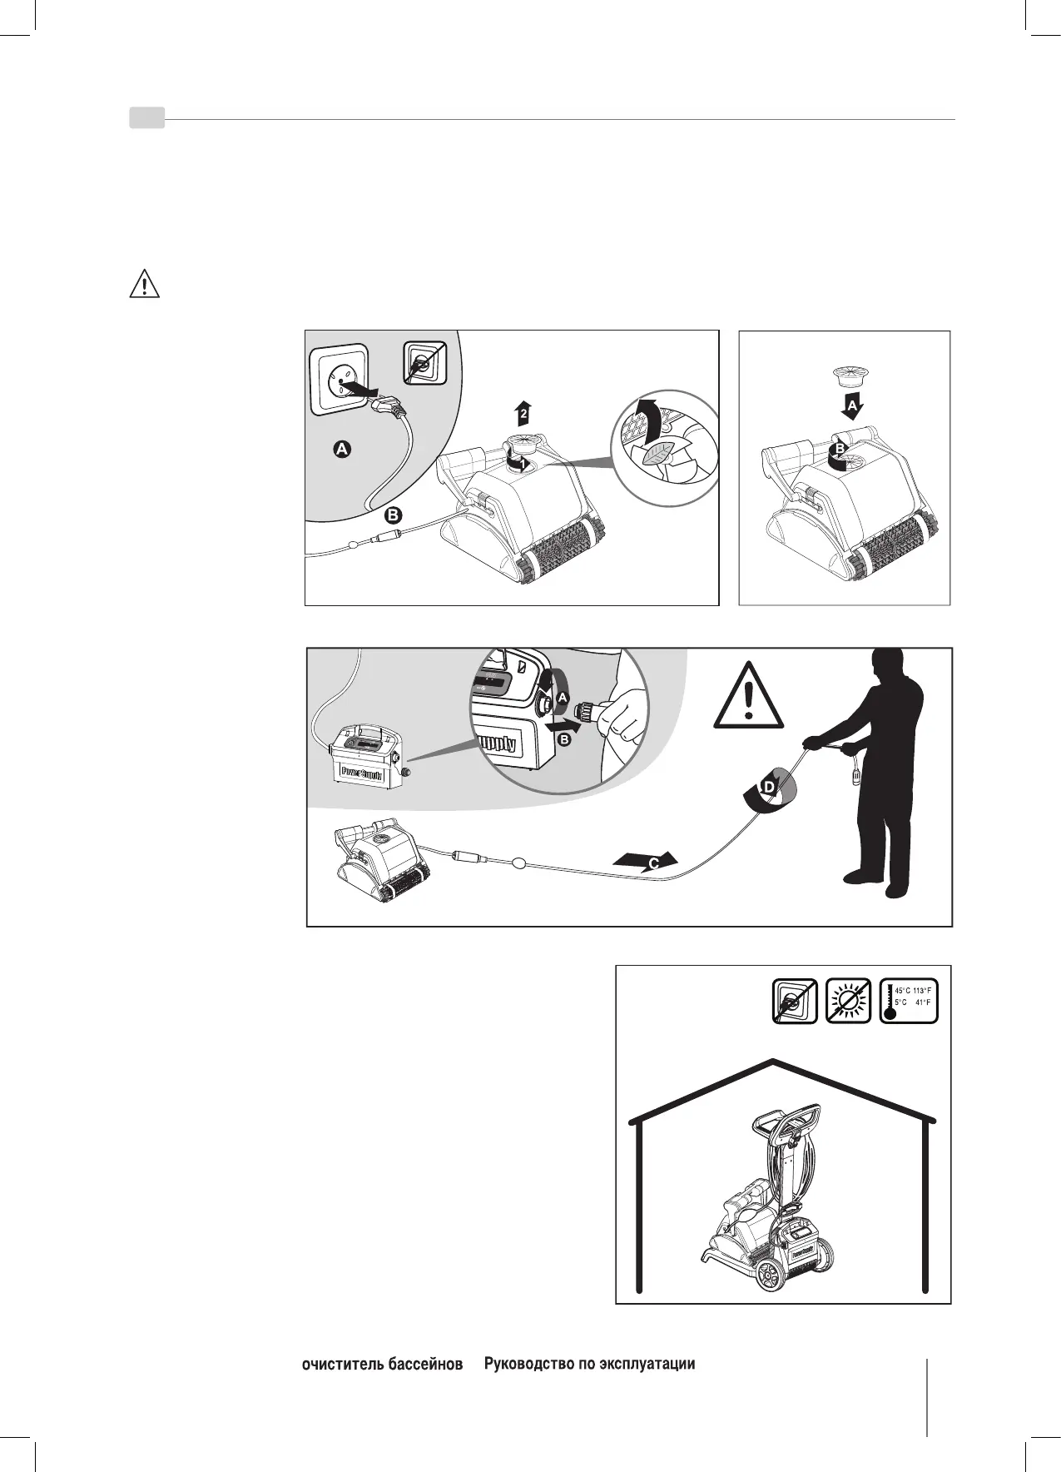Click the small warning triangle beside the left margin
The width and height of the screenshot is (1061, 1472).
[x=145, y=286]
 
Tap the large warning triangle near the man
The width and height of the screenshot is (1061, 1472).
[x=748, y=695]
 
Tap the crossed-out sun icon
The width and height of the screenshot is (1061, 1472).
[x=848, y=1001]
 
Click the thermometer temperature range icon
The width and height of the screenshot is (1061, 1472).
[x=909, y=1001]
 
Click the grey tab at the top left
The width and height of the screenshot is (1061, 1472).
[x=146, y=118]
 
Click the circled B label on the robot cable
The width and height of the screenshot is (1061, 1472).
[x=394, y=514]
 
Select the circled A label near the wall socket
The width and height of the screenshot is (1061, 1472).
[x=342, y=450]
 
